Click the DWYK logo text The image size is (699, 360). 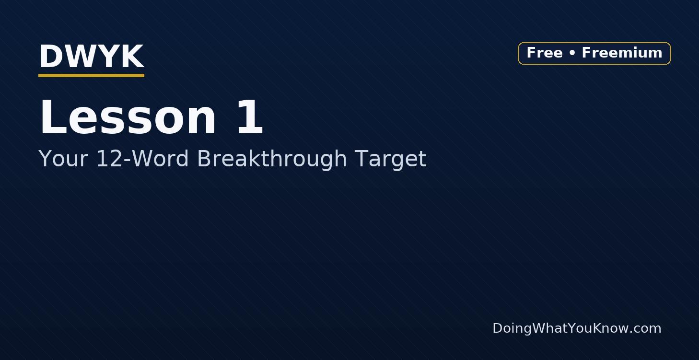pyautogui.click(x=92, y=56)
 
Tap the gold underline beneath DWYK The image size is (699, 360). pyautogui.click(x=91, y=75)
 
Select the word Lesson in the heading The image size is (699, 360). pyautogui.click(x=128, y=117)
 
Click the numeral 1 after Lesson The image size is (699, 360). pyautogui.click(x=250, y=117)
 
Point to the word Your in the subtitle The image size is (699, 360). pyautogui.click(x=63, y=159)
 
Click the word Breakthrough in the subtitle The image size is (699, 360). pyautogui.click(x=272, y=159)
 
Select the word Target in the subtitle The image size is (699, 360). pyautogui.click(x=390, y=160)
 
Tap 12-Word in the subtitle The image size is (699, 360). pyautogui.click(x=142, y=159)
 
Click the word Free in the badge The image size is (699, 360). pyautogui.click(x=545, y=52)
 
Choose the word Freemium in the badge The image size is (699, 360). pyautogui.click(x=622, y=52)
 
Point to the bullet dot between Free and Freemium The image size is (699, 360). pyautogui.click(x=572, y=53)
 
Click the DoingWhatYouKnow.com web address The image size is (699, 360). pyautogui.click(x=577, y=328)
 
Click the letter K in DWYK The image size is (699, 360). pyautogui.click(x=133, y=56)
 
